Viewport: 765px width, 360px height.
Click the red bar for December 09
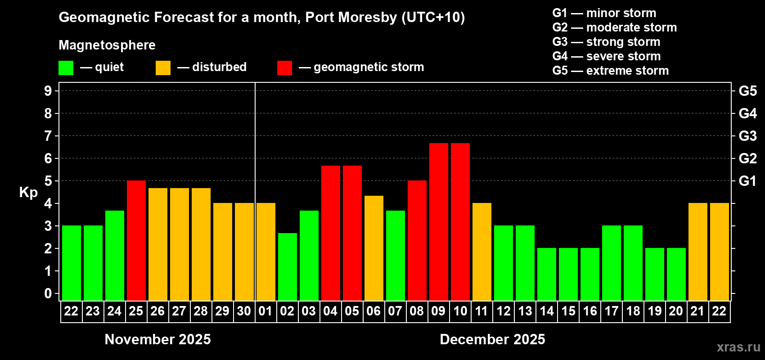(x=438, y=221)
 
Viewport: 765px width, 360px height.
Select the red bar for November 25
(x=136, y=240)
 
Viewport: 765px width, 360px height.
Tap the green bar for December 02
(x=287, y=266)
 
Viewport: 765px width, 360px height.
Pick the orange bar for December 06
(x=373, y=248)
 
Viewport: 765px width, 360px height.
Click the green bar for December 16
(x=589, y=274)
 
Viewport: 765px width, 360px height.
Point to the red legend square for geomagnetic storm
(x=284, y=68)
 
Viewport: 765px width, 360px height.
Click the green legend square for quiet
(x=66, y=68)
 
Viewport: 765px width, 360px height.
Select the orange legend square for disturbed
(x=163, y=68)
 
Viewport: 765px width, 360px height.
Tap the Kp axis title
(x=28, y=192)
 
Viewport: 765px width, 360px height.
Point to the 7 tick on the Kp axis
(x=48, y=136)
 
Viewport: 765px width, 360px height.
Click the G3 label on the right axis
(x=747, y=136)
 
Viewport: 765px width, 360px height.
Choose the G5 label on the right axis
(x=747, y=91)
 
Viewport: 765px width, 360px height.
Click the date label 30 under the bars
(x=244, y=311)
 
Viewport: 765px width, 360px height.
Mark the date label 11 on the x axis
(x=481, y=311)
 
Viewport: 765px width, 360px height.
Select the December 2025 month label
(x=492, y=339)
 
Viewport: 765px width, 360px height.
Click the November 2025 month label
(x=157, y=339)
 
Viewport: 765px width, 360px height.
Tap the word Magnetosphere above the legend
(x=107, y=45)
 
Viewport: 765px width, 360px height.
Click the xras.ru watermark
(x=738, y=347)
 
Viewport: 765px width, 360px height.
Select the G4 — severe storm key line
(x=607, y=56)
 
